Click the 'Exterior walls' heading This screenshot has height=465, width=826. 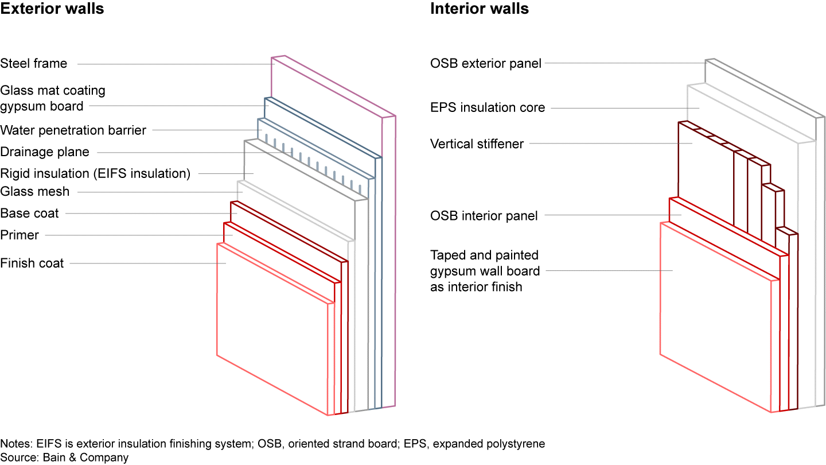[52, 9]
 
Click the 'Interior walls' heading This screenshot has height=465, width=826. [480, 9]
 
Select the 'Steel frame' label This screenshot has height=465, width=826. [34, 64]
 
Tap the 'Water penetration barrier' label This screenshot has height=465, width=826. [73, 130]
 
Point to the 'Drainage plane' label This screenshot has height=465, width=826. [45, 152]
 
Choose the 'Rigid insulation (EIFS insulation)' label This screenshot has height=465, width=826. [95, 173]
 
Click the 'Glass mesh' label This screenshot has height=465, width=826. [35, 192]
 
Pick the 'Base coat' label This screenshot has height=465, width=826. [30, 214]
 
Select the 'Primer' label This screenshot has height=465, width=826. [20, 235]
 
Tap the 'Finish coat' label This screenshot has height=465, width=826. [32, 263]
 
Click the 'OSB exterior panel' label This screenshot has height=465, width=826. [486, 64]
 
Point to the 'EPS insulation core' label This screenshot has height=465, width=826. [488, 107]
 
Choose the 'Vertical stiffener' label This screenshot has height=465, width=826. [477, 144]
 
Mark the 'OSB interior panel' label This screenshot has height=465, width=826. [484, 216]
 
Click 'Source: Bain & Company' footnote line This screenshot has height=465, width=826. [64, 458]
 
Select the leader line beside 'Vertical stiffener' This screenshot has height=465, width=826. [608, 144]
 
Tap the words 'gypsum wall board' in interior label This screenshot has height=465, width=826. [485, 270]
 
